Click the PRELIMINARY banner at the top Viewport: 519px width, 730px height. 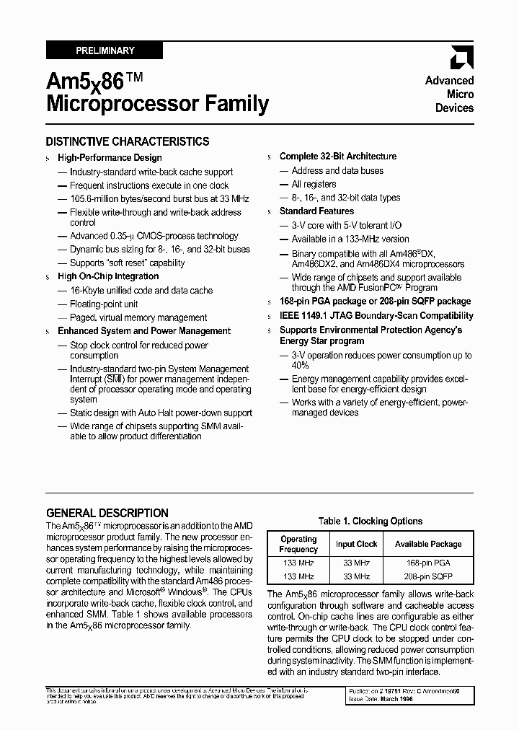tap(105, 50)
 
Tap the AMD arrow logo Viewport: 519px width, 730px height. tap(461, 58)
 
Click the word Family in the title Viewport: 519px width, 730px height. tap(236, 105)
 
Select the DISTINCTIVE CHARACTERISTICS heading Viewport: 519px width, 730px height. tap(128, 142)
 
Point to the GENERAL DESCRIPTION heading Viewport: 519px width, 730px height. tap(107, 513)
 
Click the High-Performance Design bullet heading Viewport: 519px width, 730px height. tap(110, 157)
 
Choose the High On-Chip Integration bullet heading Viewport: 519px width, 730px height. tap(108, 276)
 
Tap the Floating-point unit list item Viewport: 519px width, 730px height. tap(105, 304)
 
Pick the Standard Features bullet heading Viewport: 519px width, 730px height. tap(316, 211)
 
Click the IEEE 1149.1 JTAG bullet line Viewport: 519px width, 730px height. tap(376, 315)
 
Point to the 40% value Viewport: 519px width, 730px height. tap(300, 366)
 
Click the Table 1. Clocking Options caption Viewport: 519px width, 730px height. tap(371, 521)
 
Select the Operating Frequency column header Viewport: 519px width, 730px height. tap(298, 544)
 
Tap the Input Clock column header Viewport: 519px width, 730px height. tap(356, 544)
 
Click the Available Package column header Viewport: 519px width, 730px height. tap(428, 544)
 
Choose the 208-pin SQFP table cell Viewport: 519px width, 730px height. tap(428, 576)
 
